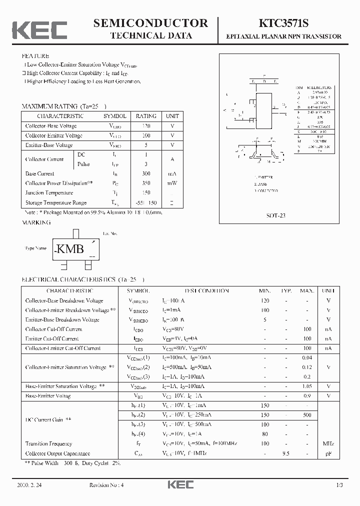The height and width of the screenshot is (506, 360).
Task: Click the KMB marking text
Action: (69, 249)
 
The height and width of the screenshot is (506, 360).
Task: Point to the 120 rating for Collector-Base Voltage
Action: (146, 126)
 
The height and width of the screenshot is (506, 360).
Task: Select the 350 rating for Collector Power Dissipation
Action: (146, 183)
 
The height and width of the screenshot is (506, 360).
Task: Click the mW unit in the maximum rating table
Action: (172, 183)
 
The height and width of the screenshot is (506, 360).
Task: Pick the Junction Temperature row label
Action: (49, 192)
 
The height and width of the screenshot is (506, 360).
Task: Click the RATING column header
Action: (146, 115)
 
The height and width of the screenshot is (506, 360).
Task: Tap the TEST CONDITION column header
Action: (206, 290)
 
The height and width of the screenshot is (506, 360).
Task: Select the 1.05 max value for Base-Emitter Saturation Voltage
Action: (306, 386)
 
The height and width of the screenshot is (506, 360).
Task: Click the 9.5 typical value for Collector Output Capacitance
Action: (286, 453)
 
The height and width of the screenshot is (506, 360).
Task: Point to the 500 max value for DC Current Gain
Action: (306, 414)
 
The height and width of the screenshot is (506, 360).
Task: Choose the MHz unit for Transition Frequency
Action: (328, 443)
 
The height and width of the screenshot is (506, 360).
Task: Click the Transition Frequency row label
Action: (48, 443)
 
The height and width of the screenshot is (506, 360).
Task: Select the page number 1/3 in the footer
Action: (339, 485)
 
